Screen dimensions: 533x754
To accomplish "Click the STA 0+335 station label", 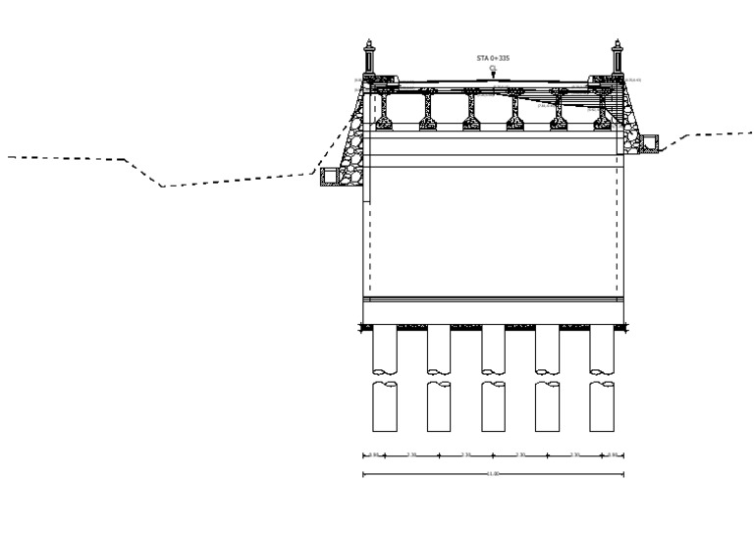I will click(493, 58).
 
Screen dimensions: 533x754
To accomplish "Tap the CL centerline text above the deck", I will click(493, 67).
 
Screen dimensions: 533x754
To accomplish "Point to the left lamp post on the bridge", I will click(369, 58).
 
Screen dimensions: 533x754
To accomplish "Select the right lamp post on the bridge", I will click(618, 58).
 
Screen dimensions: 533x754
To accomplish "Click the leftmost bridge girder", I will click(384, 110).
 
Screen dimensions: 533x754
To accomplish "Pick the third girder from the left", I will click(471, 110).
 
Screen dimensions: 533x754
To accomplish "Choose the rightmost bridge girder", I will click(601, 110).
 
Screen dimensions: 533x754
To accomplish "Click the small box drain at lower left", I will click(328, 175).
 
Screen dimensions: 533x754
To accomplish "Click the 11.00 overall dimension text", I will click(493, 472).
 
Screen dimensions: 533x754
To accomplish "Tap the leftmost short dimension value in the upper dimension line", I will click(372, 453).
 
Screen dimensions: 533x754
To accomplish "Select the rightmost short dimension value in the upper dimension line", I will click(613, 453).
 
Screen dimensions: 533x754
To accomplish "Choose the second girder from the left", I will click(428, 110).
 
